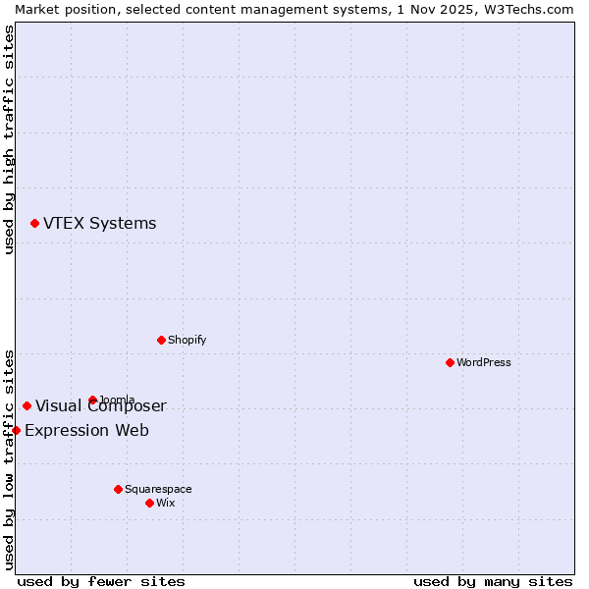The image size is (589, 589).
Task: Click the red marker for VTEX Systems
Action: click(34, 224)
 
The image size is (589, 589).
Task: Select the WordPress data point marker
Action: click(450, 362)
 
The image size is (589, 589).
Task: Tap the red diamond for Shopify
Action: click(161, 340)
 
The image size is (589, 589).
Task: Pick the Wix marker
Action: click(149, 503)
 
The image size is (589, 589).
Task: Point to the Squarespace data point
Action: click(118, 489)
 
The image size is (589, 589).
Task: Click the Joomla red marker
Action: click(92, 400)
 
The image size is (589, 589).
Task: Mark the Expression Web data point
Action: click(16, 430)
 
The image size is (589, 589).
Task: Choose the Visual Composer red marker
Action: click(27, 405)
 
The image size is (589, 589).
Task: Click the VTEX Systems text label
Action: click(99, 224)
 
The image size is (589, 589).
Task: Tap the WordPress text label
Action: click(484, 362)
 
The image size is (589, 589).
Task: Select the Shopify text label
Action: click(187, 340)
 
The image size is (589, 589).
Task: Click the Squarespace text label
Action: click(158, 489)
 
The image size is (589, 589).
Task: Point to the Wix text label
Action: click(165, 503)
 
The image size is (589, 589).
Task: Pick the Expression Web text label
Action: click(86, 430)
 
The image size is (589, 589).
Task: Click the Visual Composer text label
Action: click(101, 406)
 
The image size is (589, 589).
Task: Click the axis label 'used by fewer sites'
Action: click(101, 581)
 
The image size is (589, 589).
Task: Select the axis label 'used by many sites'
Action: click(493, 581)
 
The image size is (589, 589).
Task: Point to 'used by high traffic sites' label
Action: click(9, 139)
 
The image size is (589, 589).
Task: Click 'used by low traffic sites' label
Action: click(9, 459)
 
